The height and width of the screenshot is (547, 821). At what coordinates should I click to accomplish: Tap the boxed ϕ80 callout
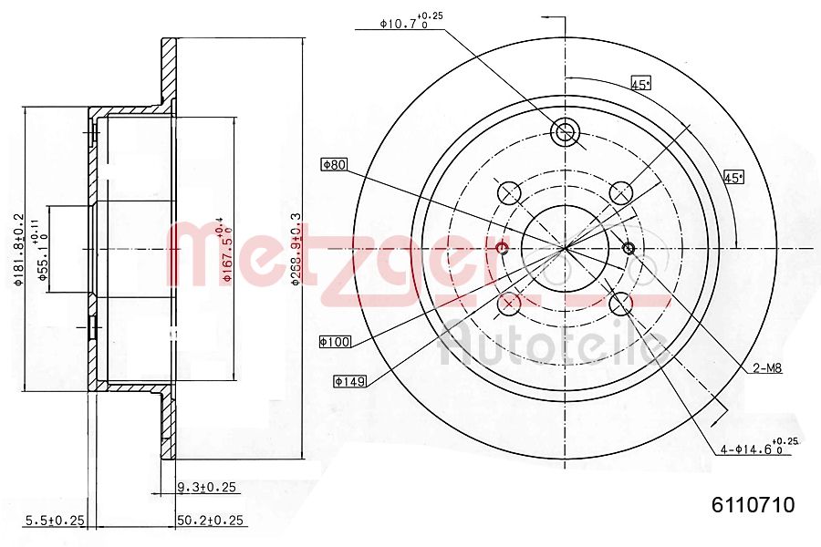coord(335,165)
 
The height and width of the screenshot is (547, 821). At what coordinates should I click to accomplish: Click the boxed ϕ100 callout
coord(335,341)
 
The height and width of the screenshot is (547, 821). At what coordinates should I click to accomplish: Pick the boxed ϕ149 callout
coord(349,381)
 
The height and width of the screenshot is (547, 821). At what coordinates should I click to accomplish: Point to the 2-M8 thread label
coord(767,368)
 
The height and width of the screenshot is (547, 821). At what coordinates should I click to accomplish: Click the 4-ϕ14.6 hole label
coord(756,448)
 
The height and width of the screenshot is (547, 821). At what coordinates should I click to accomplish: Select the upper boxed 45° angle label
coord(640,84)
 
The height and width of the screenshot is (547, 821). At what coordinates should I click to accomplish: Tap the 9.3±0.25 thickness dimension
coord(206,488)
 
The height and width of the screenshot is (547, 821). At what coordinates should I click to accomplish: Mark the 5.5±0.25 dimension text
coord(54,521)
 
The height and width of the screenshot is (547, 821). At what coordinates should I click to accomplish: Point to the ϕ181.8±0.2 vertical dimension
coord(18,250)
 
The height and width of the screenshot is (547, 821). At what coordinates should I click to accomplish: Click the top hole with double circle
coord(566,132)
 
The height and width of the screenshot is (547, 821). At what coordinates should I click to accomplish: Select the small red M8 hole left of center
coord(501,248)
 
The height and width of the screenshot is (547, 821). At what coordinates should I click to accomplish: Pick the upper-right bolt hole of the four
coord(622,192)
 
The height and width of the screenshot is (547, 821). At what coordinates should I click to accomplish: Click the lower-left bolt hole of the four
coord(509,304)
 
